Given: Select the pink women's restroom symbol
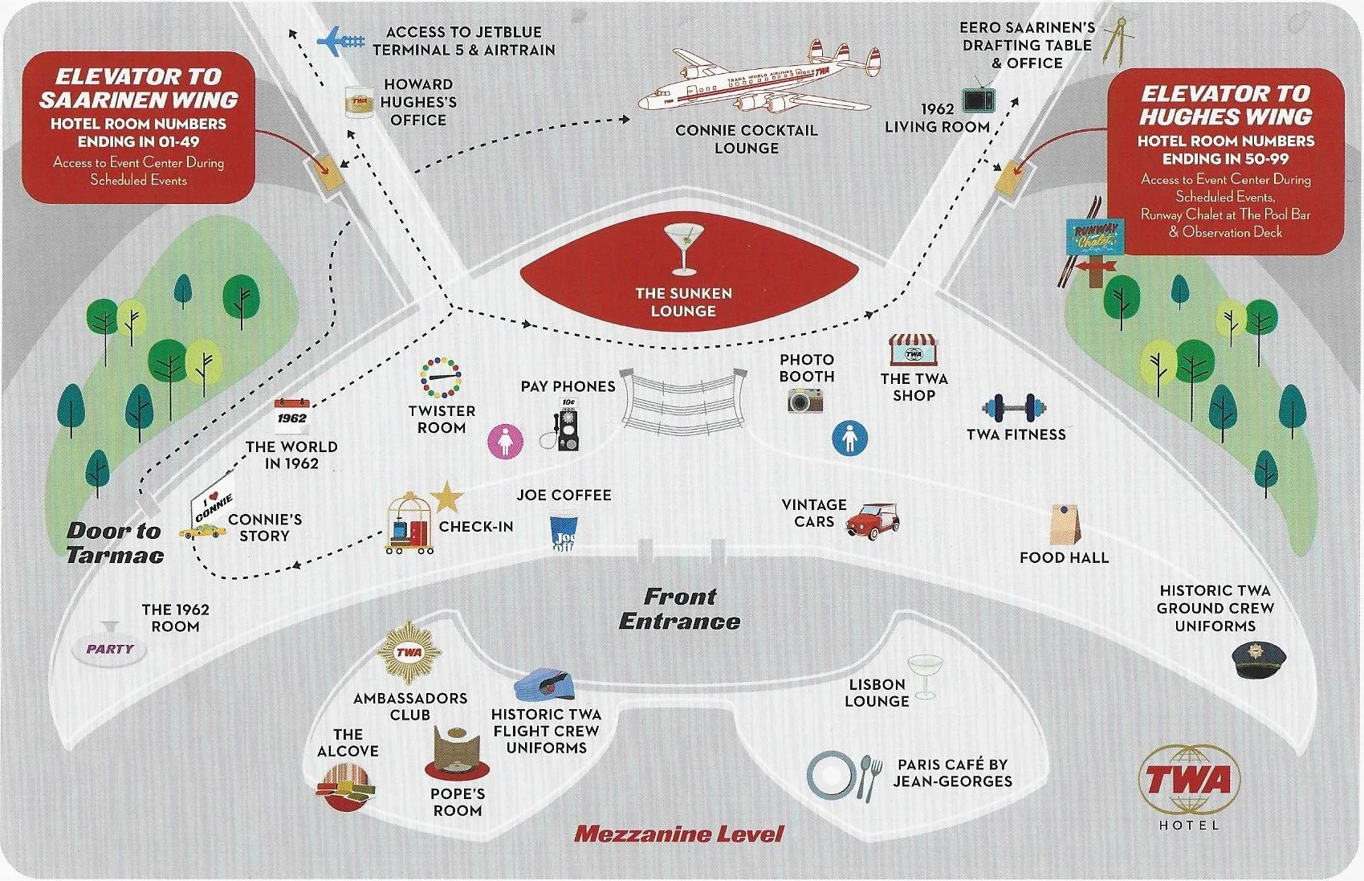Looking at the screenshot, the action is [506, 440].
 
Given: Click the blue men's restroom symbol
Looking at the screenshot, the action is [849, 438].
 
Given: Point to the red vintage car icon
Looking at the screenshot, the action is [873, 521].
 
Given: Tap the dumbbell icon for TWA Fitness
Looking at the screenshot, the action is [1014, 408].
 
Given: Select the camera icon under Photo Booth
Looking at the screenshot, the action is [804, 400].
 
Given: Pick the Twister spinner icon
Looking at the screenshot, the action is [441, 378].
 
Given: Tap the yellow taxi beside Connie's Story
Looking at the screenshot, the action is [202, 531].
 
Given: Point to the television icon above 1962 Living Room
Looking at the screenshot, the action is [979, 97].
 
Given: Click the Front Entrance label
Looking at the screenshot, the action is [679, 609].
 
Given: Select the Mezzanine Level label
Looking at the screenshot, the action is [678, 834].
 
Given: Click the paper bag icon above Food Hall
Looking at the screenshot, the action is [1065, 524].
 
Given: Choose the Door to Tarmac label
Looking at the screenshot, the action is [115, 543].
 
